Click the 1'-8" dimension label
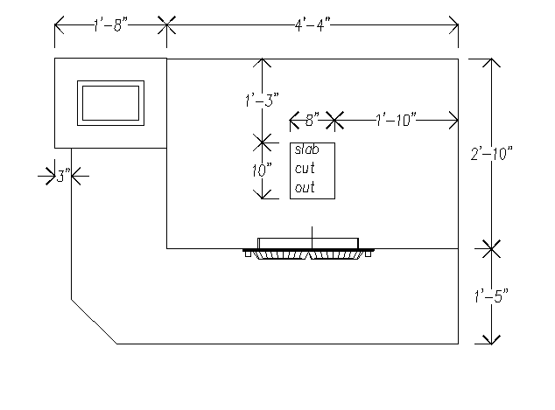pyautogui.click(x=110, y=25)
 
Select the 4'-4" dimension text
pyautogui.click(x=313, y=25)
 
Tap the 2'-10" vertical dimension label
pyautogui.click(x=492, y=154)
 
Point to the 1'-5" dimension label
pyautogui.click(x=491, y=295)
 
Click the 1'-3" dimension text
pyautogui.click(x=262, y=101)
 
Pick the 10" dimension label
pyautogui.click(x=262, y=170)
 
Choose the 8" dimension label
pyautogui.click(x=312, y=120)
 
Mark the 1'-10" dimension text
pyautogui.click(x=396, y=120)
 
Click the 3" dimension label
pyautogui.click(x=63, y=176)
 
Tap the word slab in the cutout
pyautogui.click(x=306, y=149)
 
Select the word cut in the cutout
pyautogui.click(x=305, y=169)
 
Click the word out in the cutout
pyautogui.click(x=305, y=187)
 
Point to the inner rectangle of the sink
pyautogui.click(x=110, y=103)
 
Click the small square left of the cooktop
pyautogui.click(x=248, y=254)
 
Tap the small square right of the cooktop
pyautogui.click(x=369, y=254)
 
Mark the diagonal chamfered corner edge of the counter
pyautogui.click(x=95, y=322)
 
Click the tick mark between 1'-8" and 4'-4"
pyautogui.click(x=166, y=25)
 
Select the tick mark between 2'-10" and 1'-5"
pyautogui.click(x=491, y=249)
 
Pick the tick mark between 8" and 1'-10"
pyautogui.click(x=334, y=121)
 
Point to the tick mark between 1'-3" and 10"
pyautogui.click(x=263, y=142)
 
